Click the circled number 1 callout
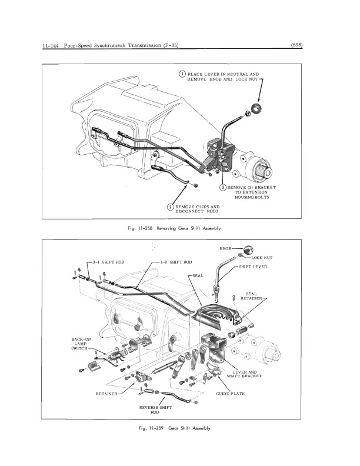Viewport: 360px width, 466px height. point(183,74)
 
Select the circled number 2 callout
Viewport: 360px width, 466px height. point(170,207)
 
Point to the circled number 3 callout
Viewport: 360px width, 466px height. point(223,187)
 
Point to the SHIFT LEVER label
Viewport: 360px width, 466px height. point(254,267)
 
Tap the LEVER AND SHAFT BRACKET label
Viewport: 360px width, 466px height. point(247,374)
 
